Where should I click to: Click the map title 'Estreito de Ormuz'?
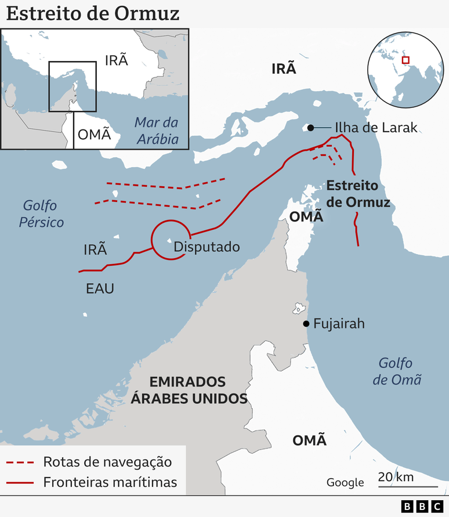point(93,13)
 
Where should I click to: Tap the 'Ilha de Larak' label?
point(375,128)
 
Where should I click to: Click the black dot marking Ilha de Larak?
point(311,128)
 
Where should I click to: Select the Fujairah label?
point(339,324)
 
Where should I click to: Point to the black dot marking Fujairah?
point(306,324)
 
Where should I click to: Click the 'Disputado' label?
point(207,247)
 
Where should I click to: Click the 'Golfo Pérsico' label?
point(44,214)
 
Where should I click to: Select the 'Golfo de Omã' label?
point(397,371)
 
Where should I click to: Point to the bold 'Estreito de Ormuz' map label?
point(358,194)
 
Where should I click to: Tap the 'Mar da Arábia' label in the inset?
point(156,131)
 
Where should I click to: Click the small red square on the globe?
point(405,60)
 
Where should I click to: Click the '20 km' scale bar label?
point(395,477)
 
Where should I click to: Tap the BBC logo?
point(422,507)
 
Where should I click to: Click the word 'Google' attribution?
point(345,482)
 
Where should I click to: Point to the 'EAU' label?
point(100,288)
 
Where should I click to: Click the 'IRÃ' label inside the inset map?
point(116,60)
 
